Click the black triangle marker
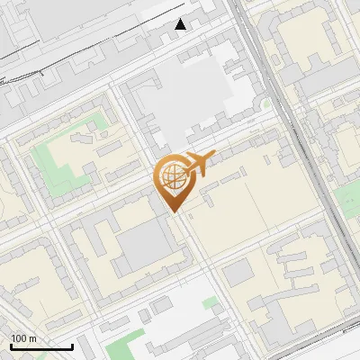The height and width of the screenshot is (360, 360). pyautogui.click(x=181, y=24)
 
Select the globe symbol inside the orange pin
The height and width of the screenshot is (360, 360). pyautogui.click(x=171, y=175)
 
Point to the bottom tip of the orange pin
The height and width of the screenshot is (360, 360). pyautogui.click(x=174, y=212)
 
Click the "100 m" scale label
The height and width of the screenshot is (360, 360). pyautogui.click(x=24, y=338)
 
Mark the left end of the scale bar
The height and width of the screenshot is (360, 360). pyautogui.click(x=11, y=346)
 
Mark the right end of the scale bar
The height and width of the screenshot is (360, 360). pyautogui.click(x=72, y=346)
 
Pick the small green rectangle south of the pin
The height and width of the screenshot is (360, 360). pyautogui.click(x=209, y=303)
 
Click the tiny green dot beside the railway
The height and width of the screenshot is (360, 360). pyautogui.click(x=266, y=103)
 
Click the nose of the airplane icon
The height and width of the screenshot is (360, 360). pyautogui.click(x=214, y=156)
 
